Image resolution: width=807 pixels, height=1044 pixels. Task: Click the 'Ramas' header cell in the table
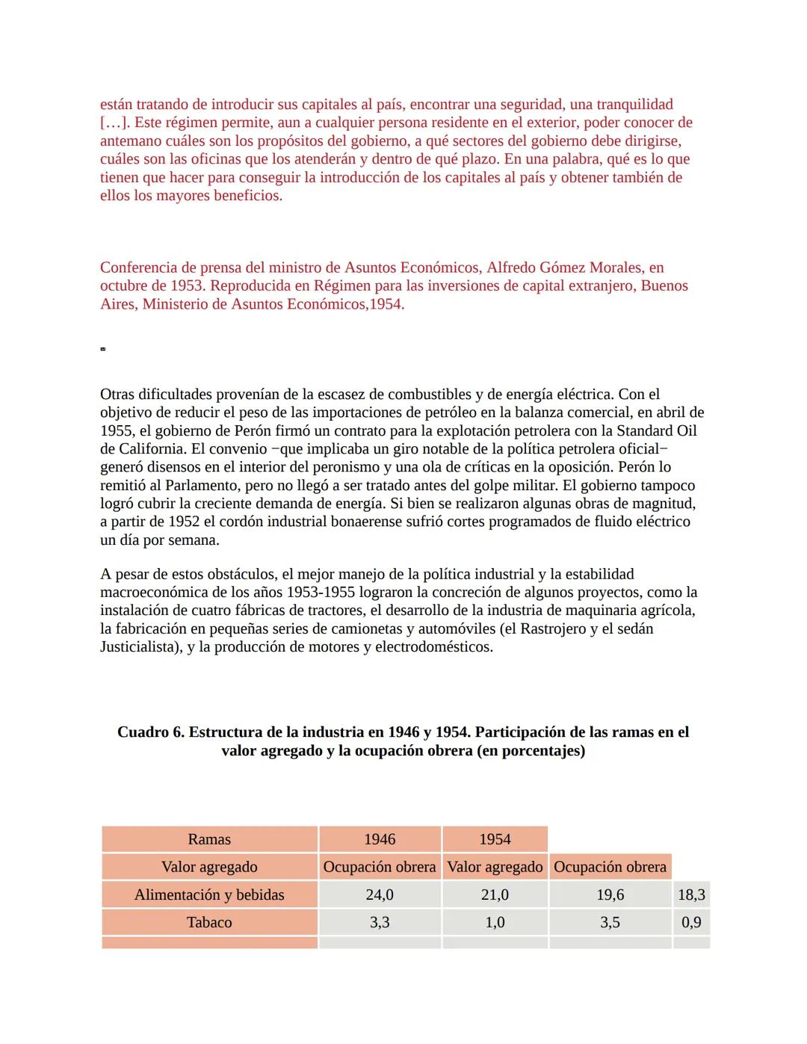coord(209,839)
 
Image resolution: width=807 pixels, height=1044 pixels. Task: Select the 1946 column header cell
coord(380,839)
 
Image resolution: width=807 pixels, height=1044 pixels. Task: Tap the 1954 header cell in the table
coord(495,839)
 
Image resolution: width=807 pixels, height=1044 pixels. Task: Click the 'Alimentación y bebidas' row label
coord(209,895)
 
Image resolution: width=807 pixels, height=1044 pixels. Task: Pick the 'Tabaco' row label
coord(209,922)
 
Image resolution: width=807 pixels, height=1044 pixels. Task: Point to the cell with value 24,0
coord(380,895)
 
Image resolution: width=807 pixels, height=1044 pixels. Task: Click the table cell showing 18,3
coord(691,895)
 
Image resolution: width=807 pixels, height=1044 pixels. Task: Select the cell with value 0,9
coord(691,922)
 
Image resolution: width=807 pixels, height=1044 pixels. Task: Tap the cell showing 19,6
coord(610,895)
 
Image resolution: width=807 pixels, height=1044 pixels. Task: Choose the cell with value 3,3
coord(380,922)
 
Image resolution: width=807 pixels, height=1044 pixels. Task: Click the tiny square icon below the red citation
coord(102,349)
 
